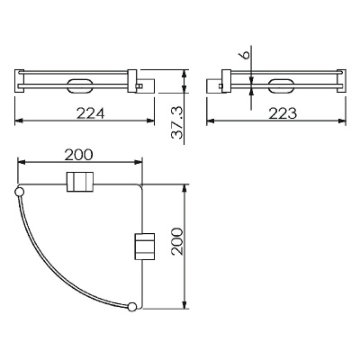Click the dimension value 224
coord(90,113)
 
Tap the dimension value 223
coord(283,113)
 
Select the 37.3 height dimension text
coord(177,123)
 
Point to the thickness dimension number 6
coord(246,55)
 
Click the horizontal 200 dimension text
coord(79,155)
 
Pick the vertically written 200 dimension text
coord(177,241)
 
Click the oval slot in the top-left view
coord(78,86)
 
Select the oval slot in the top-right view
coord(281,86)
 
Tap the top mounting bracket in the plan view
coord(79,182)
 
